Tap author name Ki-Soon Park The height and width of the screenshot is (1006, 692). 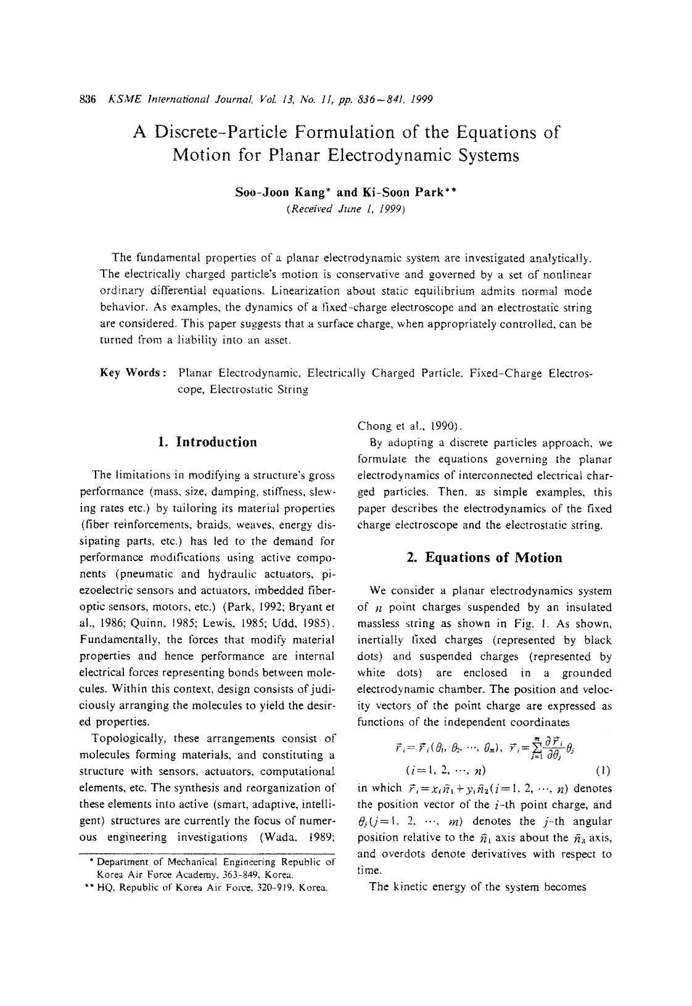408,192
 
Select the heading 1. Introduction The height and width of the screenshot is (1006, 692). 208,442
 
